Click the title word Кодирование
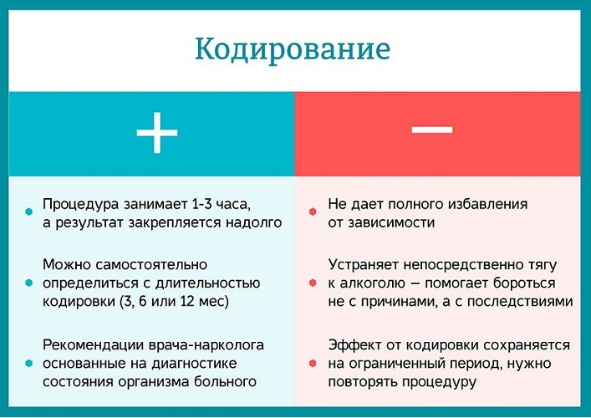293,50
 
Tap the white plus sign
157,133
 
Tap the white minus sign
432,130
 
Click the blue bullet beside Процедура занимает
29,212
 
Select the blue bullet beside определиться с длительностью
29,283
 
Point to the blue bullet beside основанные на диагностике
29,364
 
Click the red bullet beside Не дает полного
313,212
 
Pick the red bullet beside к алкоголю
313,283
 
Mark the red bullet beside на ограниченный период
313,364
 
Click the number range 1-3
201,204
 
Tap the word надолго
253,223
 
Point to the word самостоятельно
151,265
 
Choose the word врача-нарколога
206,345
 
